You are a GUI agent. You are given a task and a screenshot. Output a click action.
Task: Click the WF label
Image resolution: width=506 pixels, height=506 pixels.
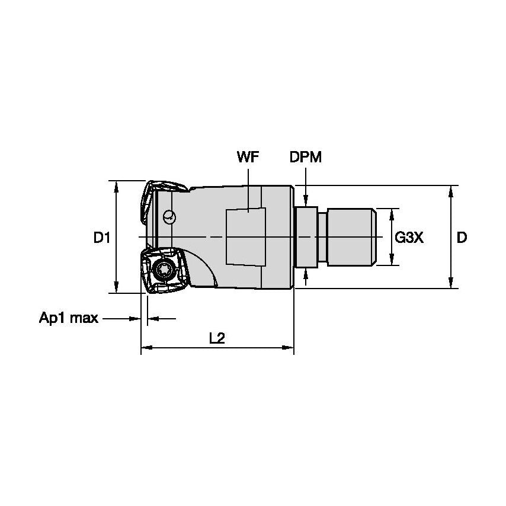tap(248, 157)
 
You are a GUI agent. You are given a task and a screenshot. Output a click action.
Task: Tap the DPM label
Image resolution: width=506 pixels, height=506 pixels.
tap(306, 157)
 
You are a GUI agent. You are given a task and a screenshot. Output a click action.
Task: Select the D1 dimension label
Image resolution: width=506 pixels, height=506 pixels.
tap(102, 238)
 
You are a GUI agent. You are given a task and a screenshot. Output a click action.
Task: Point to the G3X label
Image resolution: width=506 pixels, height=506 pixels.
tap(409, 238)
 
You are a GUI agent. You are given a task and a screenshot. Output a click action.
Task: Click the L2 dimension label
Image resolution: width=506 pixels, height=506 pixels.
tap(217, 338)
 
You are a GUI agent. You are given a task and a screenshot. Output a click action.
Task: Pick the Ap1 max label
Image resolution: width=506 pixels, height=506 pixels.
tap(68, 318)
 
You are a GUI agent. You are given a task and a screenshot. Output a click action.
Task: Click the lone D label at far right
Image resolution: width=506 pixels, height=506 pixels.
tap(462, 238)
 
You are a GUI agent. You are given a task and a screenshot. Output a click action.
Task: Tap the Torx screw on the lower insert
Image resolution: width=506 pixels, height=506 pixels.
tap(164, 269)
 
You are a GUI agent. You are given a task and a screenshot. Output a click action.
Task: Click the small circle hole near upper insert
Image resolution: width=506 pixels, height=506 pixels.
tap(169, 216)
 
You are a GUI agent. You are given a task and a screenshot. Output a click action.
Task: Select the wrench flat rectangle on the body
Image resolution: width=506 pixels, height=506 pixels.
tap(246, 237)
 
